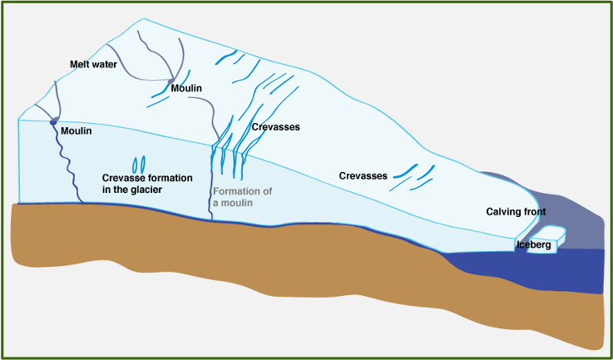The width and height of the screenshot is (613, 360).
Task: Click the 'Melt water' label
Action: pyautogui.click(x=92, y=64)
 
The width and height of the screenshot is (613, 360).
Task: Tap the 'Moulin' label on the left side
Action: pyautogui.click(x=76, y=131)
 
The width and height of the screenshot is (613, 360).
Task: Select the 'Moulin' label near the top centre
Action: pyautogui.click(x=186, y=87)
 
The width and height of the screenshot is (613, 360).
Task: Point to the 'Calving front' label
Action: pyautogui.click(x=516, y=213)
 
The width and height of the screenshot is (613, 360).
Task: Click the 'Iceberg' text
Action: pyautogui.click(x=534, y=244)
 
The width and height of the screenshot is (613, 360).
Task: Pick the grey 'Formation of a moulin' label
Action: pyautogui.click(x=242, y=197)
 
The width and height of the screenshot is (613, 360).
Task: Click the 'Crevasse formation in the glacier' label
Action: pyautogui.click(x=146, y=184)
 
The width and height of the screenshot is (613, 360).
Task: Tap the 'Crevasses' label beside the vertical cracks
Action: pyautogui.click(x=275, y=127)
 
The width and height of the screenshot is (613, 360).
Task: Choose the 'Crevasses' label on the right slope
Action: pyautogui.click(x=363, y=175)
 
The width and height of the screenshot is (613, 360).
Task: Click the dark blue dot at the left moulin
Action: pyautogui.click(x=54, y=122)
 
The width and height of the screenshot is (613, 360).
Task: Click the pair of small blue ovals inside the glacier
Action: pyautogui.click(x=139, y=163)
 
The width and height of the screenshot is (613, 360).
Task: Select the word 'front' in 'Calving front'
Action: pyautogui.click(x=532, y=213)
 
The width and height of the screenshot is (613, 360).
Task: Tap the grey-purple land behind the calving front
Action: pyautogui.click(x=574, y=224)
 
